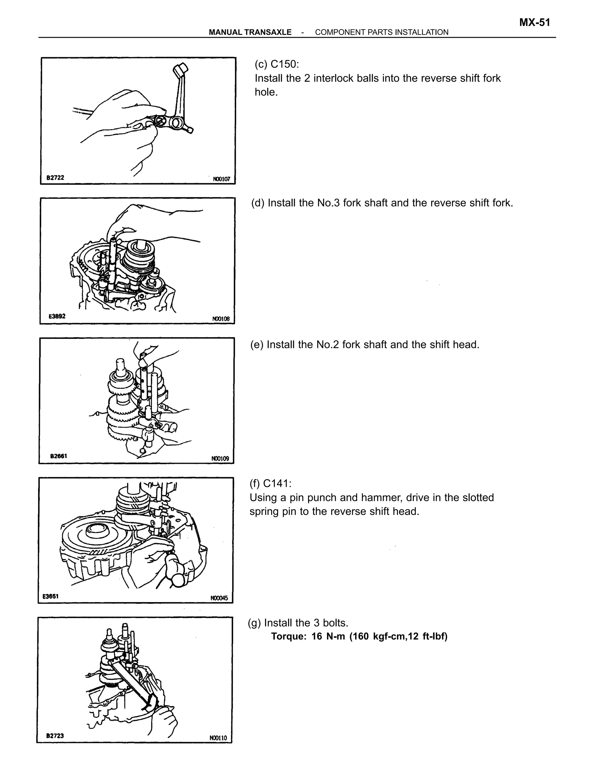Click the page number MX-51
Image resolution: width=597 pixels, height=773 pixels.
tap(534, 23)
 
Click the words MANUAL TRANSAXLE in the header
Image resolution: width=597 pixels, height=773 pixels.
tap(250, 32)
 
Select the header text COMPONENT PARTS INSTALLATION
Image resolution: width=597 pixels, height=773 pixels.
tap(381, 32)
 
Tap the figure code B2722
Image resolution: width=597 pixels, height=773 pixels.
tap(55, 177)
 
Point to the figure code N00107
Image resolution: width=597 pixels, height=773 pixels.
tap(222, 179)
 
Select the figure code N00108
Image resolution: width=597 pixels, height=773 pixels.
tap(221, 319)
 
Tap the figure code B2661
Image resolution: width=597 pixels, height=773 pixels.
tap(58, 456)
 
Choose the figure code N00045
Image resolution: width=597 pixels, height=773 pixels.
tap(219, 598)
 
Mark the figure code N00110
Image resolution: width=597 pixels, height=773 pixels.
tap(218, 738)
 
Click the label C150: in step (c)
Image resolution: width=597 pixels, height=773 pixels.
tap(285, 64)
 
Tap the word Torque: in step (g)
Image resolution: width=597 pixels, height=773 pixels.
tap(288, 636)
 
